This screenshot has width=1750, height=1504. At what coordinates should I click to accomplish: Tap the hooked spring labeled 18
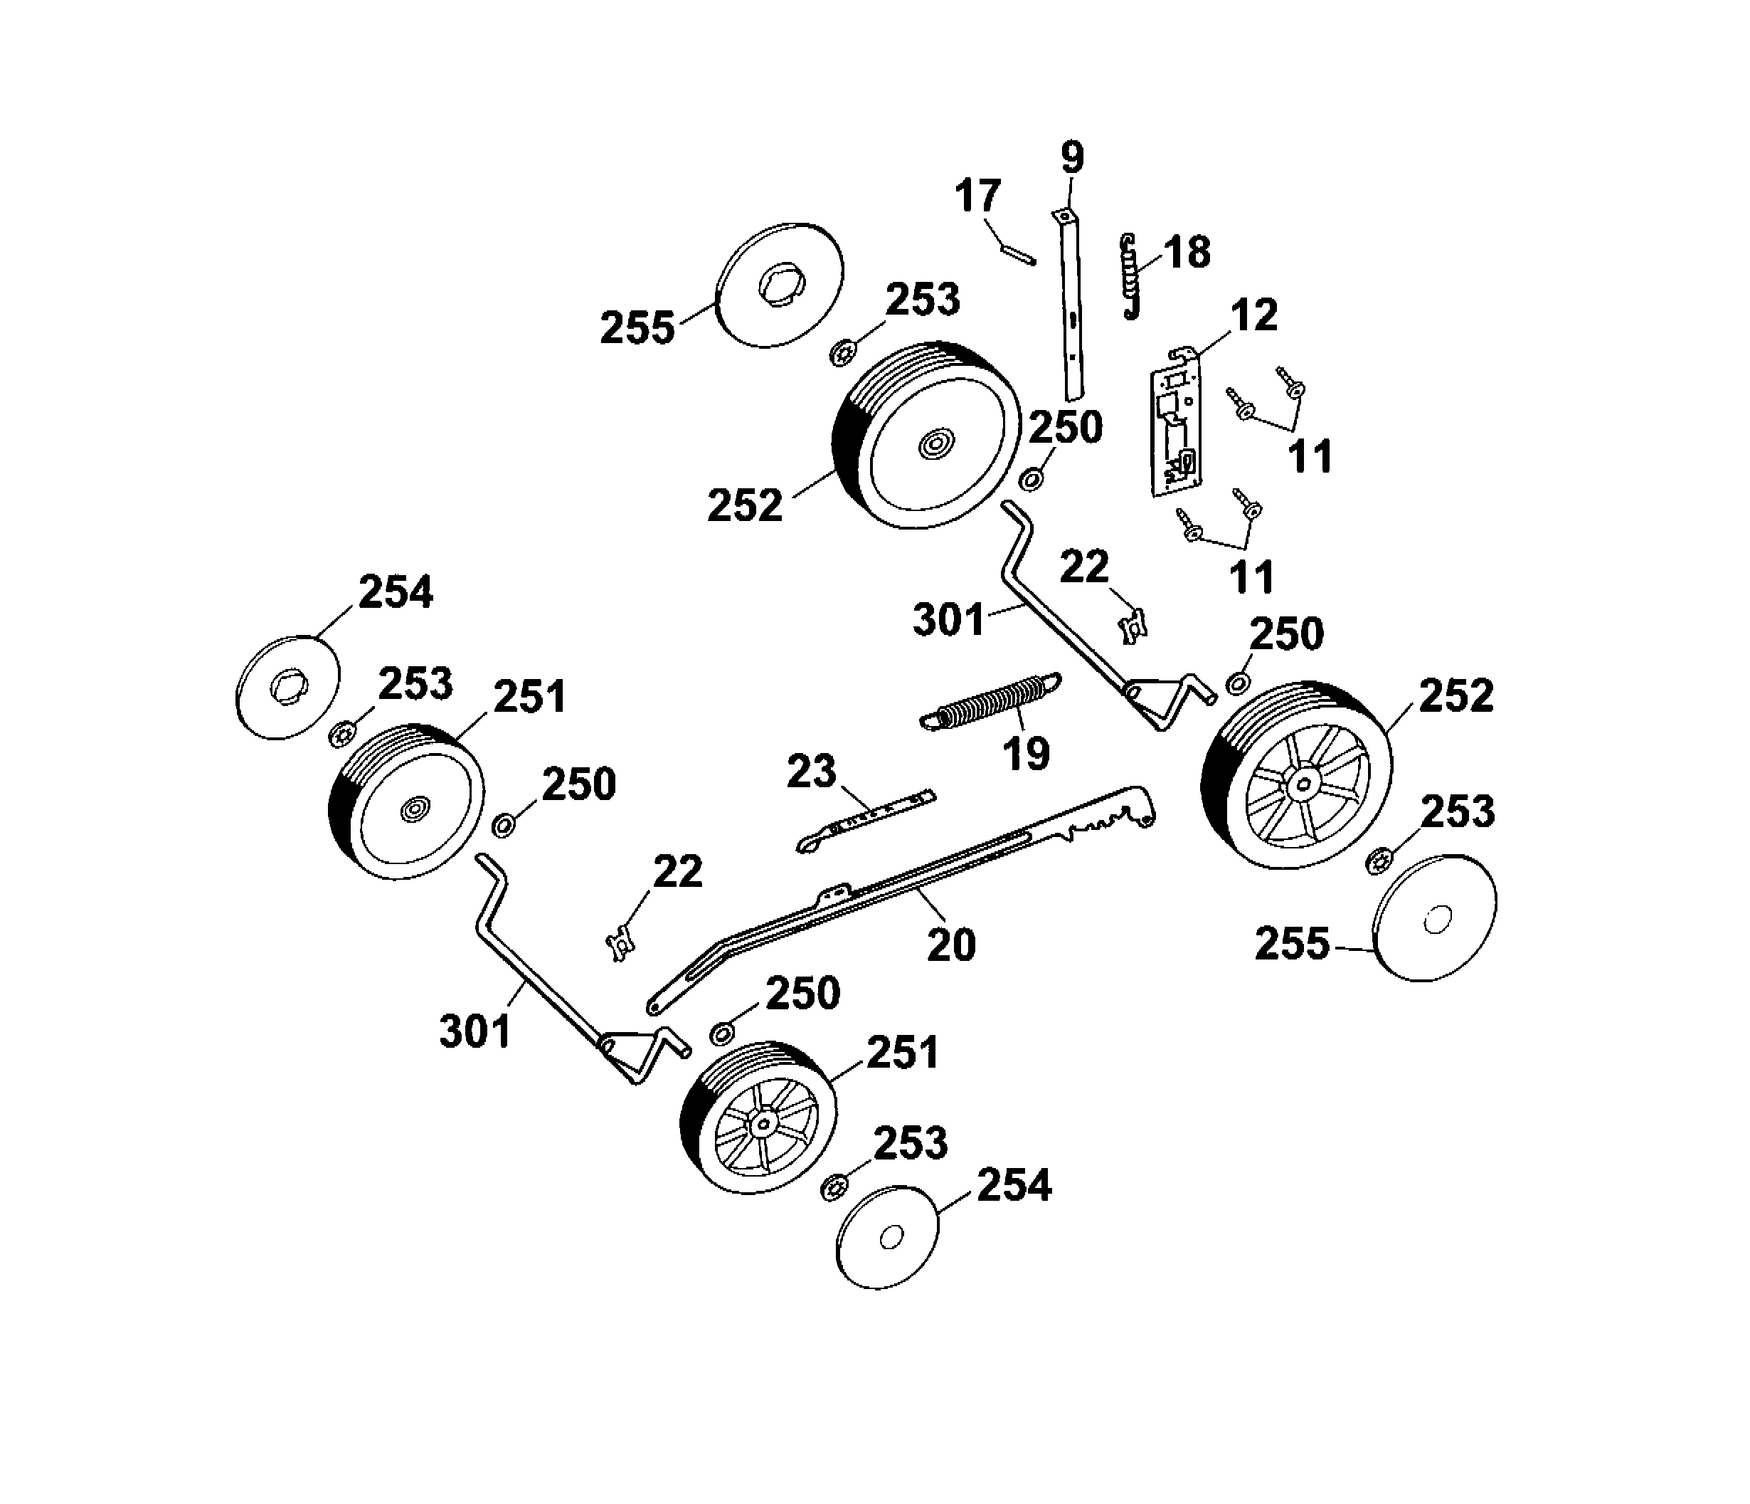[1130, 275]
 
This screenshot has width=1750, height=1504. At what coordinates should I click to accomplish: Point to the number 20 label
[951, 944]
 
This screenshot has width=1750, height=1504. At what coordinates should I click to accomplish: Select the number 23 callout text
[811, 772]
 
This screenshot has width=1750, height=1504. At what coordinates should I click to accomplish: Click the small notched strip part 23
[870, 816]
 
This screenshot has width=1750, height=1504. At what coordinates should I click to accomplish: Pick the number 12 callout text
[1253, 315]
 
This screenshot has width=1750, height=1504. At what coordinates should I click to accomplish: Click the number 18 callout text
[1187, 252]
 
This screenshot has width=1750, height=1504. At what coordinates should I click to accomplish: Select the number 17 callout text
[977, 196]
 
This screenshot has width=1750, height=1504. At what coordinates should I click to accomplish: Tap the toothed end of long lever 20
[1115, 812]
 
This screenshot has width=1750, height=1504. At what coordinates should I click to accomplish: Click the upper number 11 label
[1310, 457]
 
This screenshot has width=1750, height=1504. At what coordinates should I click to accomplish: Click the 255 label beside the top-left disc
[637, 328]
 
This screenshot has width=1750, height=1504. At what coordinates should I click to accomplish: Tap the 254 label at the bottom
[1014, 1184]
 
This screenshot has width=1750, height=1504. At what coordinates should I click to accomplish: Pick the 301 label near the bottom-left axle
[474, 1031]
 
